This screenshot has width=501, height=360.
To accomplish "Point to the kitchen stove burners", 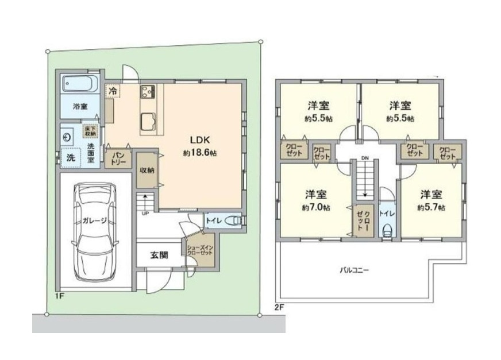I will pyautogui.click(x=147, y=91).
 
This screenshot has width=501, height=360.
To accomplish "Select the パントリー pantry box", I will pyautogui.click(x=118, y=158).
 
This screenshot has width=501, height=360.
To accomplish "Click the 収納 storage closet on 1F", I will pyautogui.click(x=147, y=170).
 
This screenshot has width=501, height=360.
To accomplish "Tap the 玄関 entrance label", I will pyautogui.click(x=159, y=255).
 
